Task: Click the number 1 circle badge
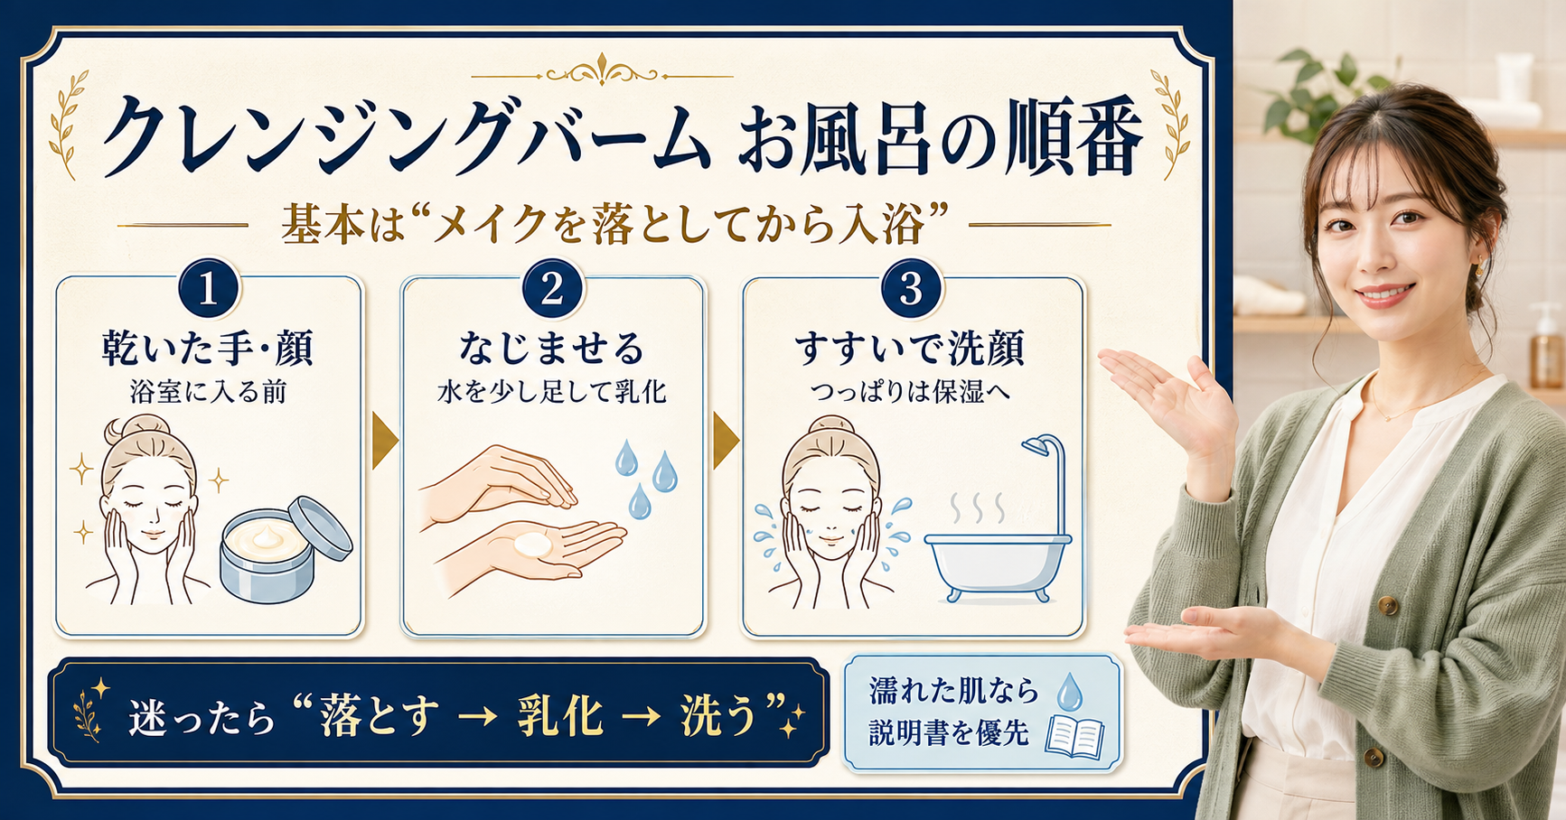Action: pyautogui.click(x=209, y=289)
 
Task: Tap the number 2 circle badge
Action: pyautogui.click(x=552, y=289)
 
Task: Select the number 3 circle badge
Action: pyautogui.click(x=911, y=289)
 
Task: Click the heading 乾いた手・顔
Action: pyautogui.click(x=208, y=349)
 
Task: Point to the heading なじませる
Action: pyautogui.click(x=552, y=349)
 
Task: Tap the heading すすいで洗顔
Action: pyautogui.click(x=910, y=349)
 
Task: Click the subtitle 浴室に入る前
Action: pyautogui.click(x=209, y=392)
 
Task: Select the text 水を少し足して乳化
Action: pyautogui.click(x=552, y=392)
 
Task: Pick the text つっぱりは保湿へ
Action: pyautogui.click(x=910, y=392)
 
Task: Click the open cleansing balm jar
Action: pyautogui.click(x=286, y=548)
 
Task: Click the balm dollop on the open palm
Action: pyautogui.click(x=531, y=545)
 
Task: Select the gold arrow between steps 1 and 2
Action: pyautogui.click(x=384, y=442)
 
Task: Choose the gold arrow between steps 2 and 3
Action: pyautogui.click(x=726, y=442)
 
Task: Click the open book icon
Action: pyautogui.click(x=1074, y=735)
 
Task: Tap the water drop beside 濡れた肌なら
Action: pyautogui.click(x=1069, y=690)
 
